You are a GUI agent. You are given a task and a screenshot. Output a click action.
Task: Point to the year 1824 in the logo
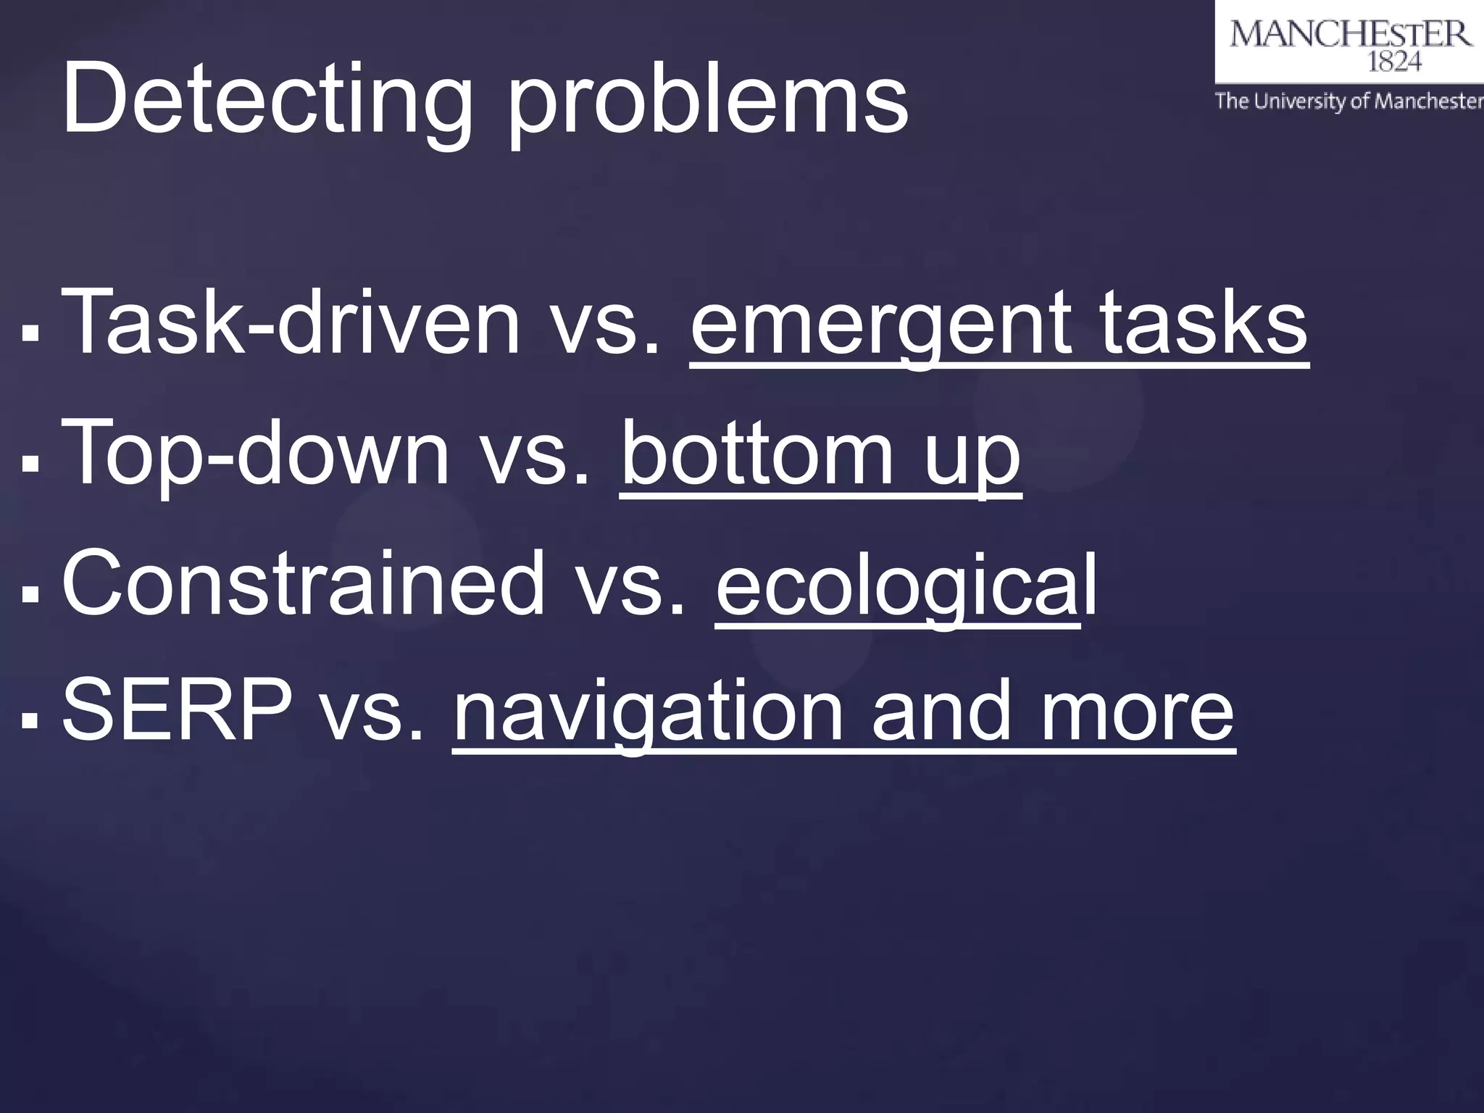[x=1393, y=63]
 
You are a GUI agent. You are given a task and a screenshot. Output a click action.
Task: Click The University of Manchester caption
[x=1348, y=101]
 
